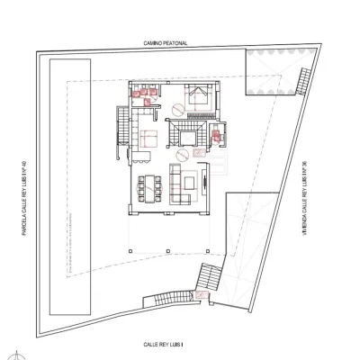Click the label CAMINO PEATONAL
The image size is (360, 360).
pyautogui.click(x=166, y=43)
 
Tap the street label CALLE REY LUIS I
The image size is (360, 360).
pyautogui.click(x=163, y=345)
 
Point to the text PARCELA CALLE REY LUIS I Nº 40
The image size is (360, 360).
pyautogui.click(x=24, y=198)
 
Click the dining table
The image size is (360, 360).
pyautogui.click(x=149, y=189)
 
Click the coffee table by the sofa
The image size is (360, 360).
pyautogui.click(x=189, y=183)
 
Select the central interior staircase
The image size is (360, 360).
pyautogui.click(x=187, y=133)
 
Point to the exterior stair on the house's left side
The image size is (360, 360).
pyautogui.click(x=122, y=126)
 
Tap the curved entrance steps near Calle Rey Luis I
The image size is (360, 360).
pyautogui.click(x=168, y=298)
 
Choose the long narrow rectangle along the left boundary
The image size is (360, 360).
pyautogui.click(x=70, y=187)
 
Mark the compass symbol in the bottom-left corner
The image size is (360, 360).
pyautogui.click(x=17, y=355)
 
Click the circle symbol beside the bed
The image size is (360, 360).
pyautogui.click(x=178, y=109)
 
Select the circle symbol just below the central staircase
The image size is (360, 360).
pyautogui.click(x=182, y=155)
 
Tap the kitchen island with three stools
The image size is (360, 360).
pyautogui.click(x=141, y=157)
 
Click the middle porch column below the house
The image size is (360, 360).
pyautogui.click(x=168, y=251)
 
